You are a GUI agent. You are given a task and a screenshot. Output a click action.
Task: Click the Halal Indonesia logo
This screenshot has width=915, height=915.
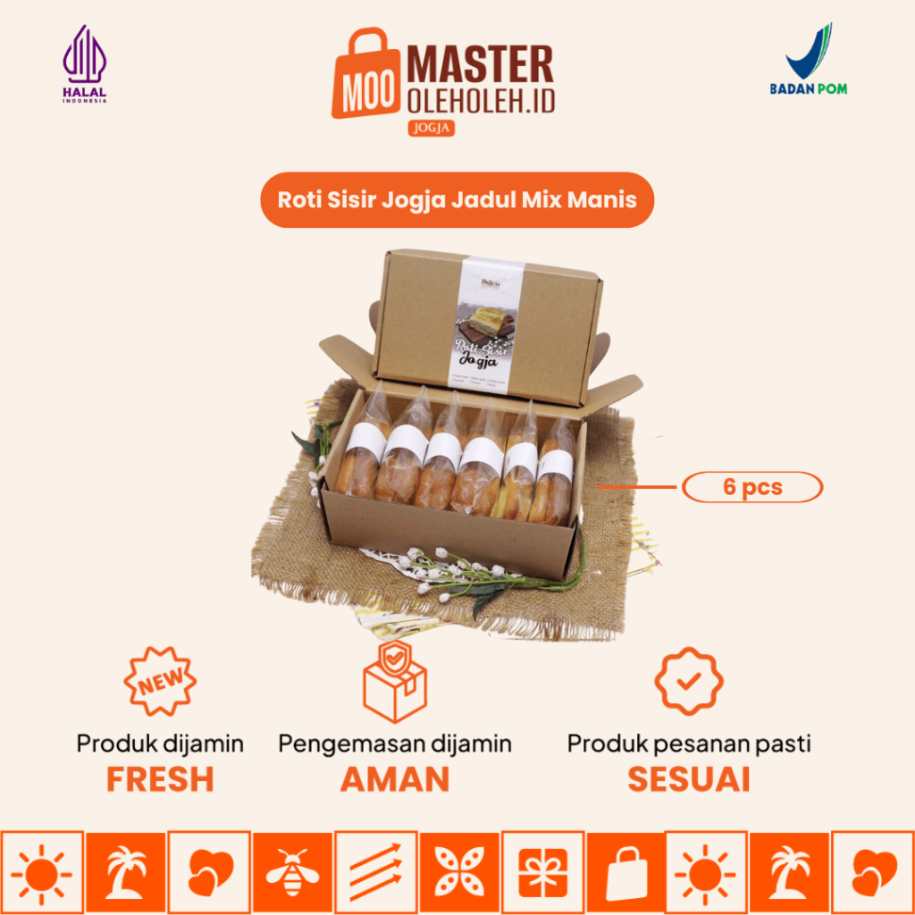point(84,63)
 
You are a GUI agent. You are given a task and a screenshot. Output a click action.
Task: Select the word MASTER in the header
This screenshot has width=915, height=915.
point(481,66)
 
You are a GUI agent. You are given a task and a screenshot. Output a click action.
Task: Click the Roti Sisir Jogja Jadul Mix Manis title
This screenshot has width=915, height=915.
point(457,199)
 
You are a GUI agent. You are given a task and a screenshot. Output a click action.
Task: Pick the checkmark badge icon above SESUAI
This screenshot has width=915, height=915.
point(688,682)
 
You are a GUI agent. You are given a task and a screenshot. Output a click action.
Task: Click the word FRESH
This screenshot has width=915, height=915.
point(160,779)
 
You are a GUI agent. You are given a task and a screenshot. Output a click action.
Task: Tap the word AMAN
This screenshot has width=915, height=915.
point(394,779)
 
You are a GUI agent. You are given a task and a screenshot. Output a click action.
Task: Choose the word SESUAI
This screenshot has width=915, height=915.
point(688,779)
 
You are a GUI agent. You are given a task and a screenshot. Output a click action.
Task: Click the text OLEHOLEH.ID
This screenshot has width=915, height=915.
point(481,101)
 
